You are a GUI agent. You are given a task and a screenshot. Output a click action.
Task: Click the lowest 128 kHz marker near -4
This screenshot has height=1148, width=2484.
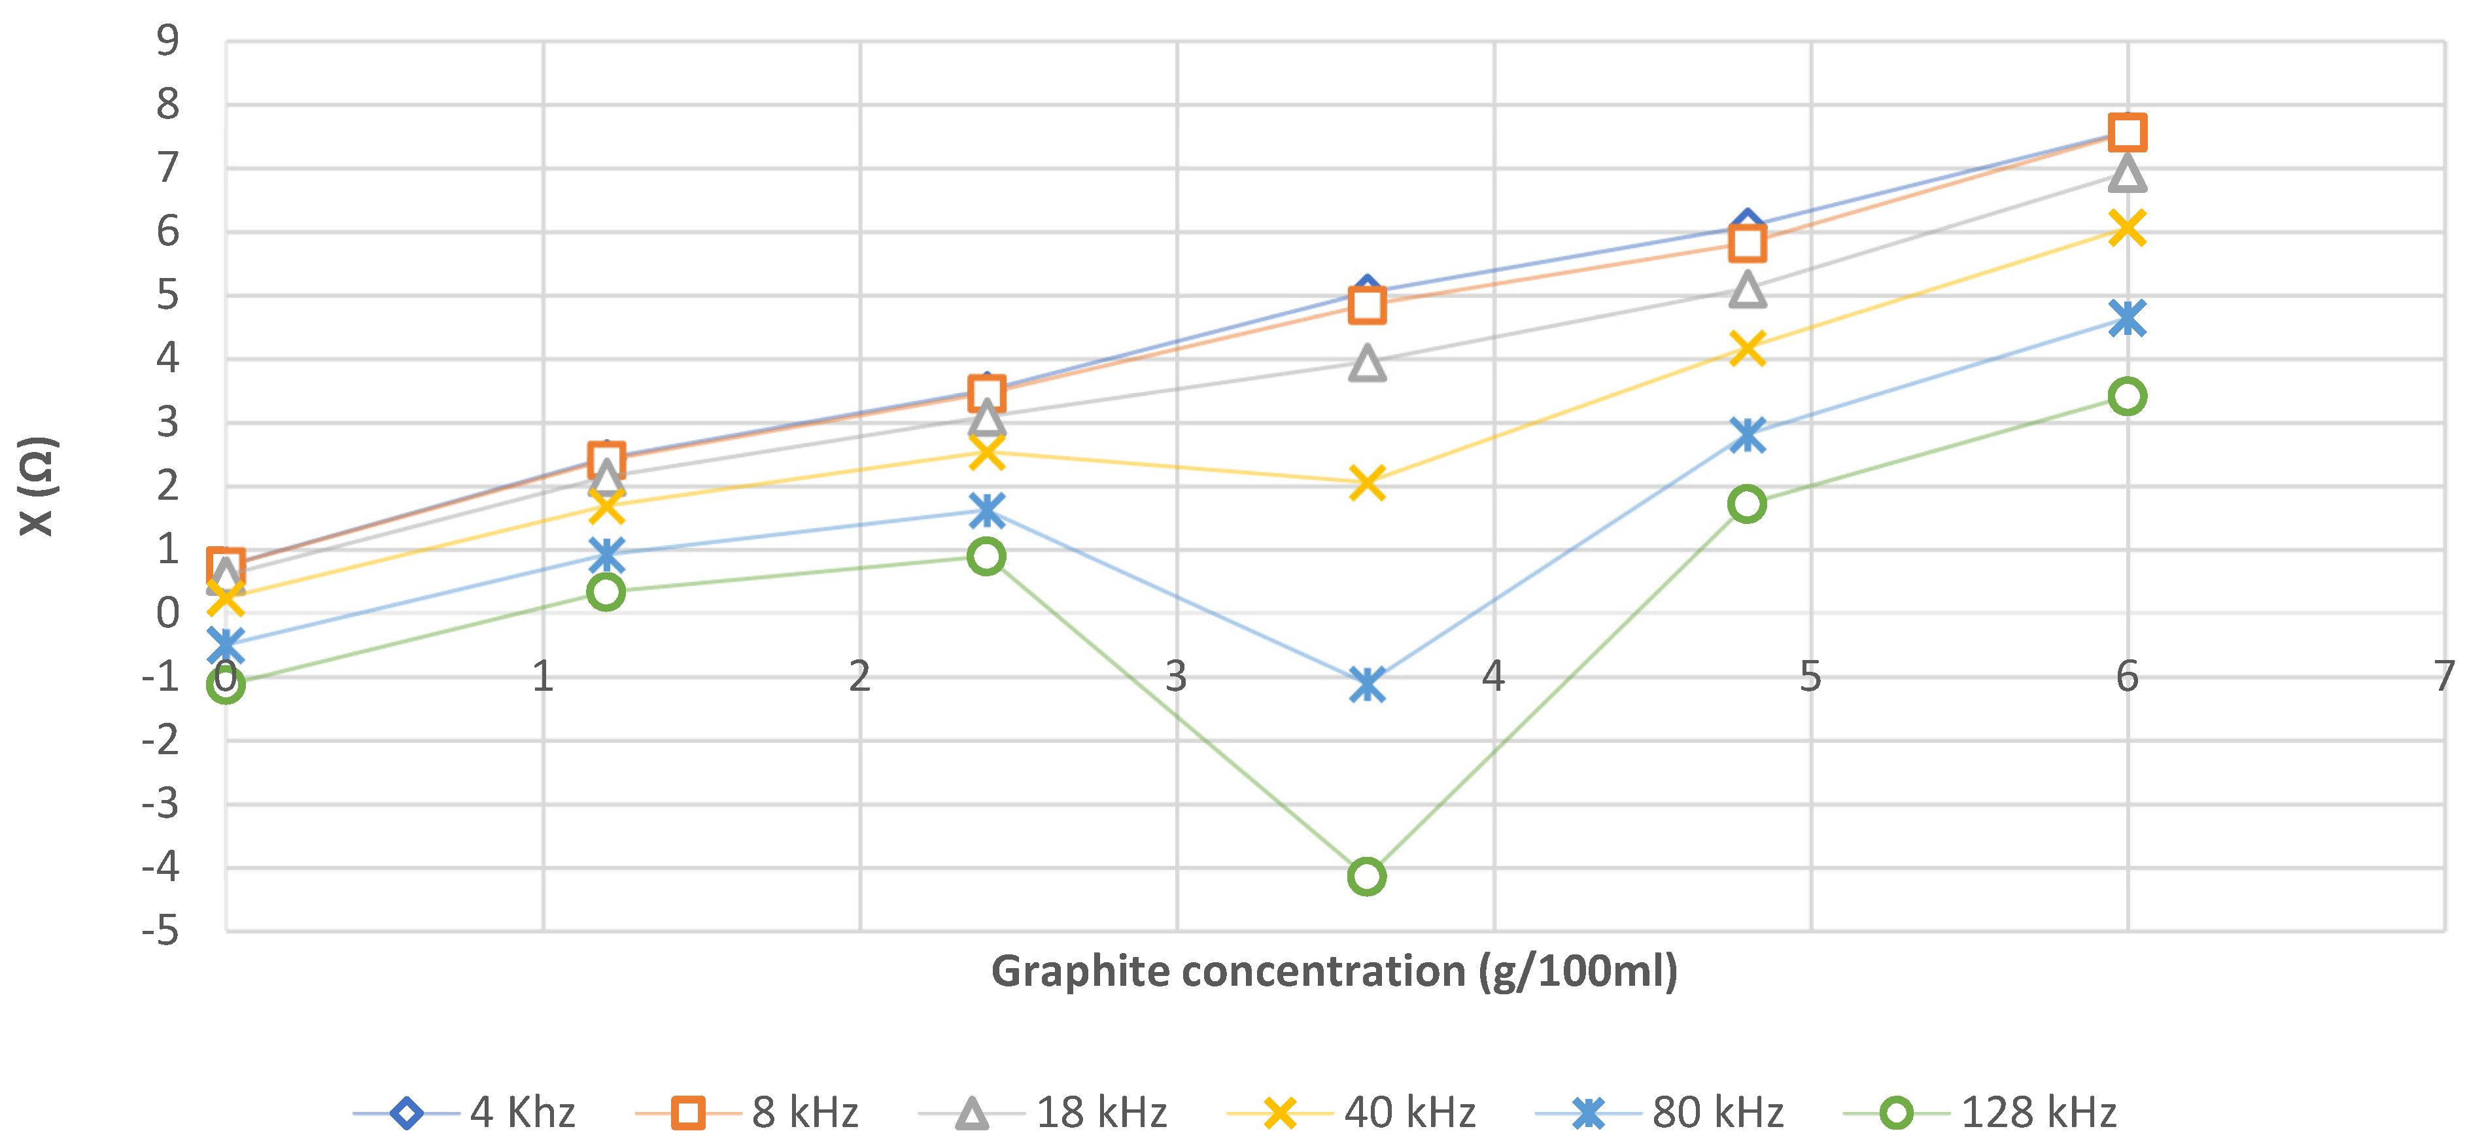1366,876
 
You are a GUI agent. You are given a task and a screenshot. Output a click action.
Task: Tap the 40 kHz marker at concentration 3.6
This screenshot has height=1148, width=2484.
1366,481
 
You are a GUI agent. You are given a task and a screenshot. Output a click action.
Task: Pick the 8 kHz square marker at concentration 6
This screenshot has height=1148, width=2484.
2126,132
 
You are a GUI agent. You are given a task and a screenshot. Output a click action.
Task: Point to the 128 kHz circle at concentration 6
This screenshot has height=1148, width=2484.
2126,396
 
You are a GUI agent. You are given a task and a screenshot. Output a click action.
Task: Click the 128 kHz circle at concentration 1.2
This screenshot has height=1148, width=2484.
606,591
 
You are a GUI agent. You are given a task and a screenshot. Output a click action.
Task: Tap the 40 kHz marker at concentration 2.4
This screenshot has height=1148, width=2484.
986,451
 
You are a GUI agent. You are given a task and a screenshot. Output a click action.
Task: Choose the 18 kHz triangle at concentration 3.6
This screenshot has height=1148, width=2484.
1366,364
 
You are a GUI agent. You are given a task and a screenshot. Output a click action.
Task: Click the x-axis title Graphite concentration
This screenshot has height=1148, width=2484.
1334,971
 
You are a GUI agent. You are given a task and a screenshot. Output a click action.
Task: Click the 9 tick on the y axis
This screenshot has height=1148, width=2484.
168,41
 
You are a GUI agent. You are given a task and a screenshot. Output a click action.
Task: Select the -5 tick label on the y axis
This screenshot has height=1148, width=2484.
161,931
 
